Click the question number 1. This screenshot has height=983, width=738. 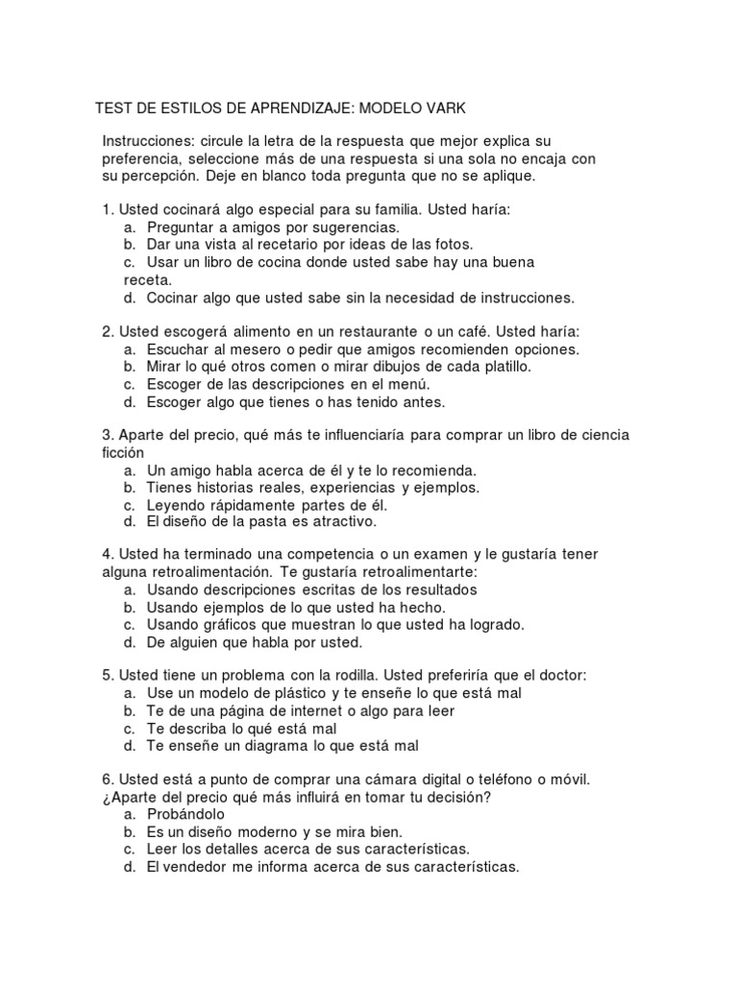pyautogui.click(x=107, y=208)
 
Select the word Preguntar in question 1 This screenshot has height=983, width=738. pyautogui.click(x=181, y=228)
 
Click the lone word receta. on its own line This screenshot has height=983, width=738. pyautogui.click(x=148, y=279)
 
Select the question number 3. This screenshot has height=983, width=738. pyautogui.click(x=107, y=436)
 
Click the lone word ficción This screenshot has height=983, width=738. pyautogui.click(x=123, y=453)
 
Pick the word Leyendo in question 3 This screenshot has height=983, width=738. pyautogui.click(x=174, y=505)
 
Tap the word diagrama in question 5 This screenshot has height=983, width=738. pyautogui.click(x=275, y=745)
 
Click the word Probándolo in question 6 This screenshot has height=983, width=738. pyautogui.click(x=185, y=814)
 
